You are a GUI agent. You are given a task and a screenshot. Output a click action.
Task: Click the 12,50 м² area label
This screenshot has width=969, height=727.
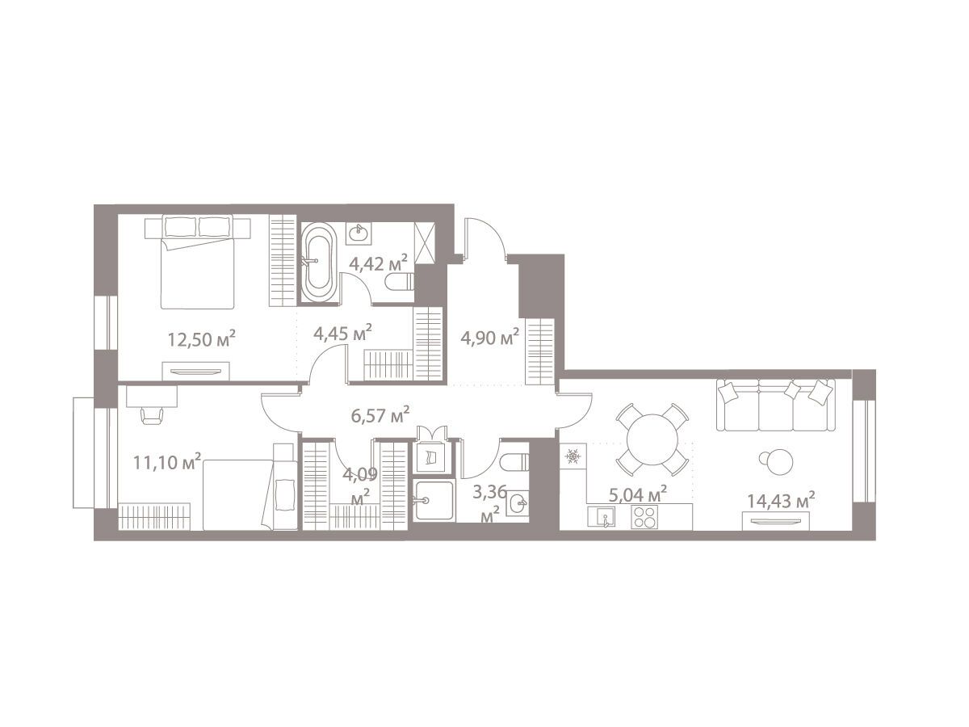[201, 338]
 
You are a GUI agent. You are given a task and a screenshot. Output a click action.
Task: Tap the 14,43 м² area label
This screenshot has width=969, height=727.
[781, 501]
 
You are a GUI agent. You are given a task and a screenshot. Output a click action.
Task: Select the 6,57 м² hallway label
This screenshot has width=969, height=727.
[380, 415]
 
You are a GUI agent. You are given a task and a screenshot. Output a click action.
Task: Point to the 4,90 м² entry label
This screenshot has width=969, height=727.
[489, 338]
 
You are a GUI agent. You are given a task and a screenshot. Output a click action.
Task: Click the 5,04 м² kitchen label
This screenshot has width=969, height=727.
[637, 494]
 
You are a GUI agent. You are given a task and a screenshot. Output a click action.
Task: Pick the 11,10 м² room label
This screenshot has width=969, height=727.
[167, 462]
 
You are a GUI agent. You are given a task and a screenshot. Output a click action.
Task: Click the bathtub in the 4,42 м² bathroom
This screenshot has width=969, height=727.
[319, 263]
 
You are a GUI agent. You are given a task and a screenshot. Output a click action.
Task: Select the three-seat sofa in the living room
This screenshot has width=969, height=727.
[776, 405]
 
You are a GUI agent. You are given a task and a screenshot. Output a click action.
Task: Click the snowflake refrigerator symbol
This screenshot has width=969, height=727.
[573, 455]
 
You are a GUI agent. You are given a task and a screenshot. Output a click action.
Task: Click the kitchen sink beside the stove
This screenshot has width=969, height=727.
[602, 517]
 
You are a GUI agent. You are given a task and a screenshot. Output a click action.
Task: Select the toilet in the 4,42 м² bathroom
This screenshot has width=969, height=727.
[400, 281]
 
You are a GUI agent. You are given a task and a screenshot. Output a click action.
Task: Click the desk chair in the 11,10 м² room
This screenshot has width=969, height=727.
[152, 416]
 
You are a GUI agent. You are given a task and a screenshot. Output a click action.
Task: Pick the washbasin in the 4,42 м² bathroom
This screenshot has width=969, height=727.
[359, 232]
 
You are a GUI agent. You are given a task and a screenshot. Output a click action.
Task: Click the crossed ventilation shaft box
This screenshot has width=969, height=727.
[425, 243]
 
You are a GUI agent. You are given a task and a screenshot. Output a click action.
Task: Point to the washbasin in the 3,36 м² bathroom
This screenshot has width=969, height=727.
[518, 502]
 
